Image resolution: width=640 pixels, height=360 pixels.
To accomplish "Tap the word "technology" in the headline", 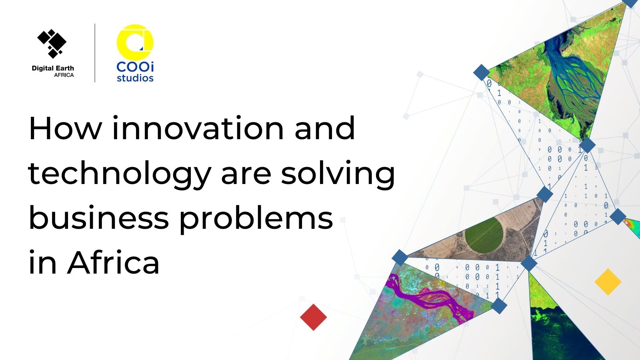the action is [120, 175].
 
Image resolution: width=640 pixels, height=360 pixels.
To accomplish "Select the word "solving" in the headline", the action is [338, 175].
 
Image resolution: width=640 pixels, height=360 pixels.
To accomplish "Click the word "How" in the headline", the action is [66, 128].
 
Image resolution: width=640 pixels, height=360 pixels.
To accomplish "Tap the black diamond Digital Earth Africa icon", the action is [52, 44].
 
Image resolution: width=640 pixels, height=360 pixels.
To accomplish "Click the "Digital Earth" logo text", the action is [53, 68].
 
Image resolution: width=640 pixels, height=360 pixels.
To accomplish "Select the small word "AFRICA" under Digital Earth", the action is [64, 75].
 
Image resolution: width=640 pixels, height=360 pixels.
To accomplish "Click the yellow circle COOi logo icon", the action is [135, 42].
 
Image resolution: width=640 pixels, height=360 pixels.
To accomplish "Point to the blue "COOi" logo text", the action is [135, 67].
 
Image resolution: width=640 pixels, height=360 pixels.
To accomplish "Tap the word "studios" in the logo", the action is [135, 78].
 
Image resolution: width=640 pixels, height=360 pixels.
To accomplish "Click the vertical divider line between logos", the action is [95, 53].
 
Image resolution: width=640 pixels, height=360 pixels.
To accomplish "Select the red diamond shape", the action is [314, 317].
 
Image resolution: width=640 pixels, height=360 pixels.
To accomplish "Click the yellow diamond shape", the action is [608, 282].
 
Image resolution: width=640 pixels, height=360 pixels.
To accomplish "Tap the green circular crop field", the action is [484, 235].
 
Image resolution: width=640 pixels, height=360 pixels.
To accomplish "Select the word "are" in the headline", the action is [246, 177].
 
